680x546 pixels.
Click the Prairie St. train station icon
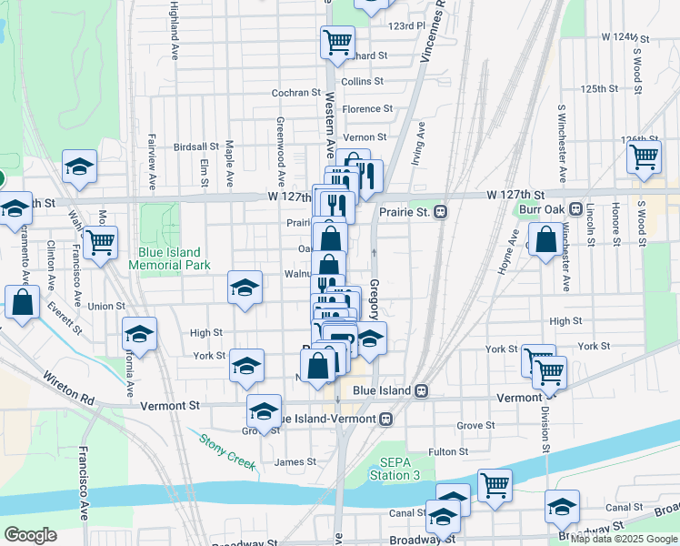[x=440, y=212]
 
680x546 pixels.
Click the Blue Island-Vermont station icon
[x=386, y=419]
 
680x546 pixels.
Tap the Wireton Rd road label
[x=68, y=381]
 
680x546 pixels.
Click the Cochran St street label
[x=297, y=93]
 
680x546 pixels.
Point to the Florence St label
[x=367, y=109]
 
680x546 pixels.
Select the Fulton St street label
[x=448, y=451]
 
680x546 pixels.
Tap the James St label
[x=295, y=461]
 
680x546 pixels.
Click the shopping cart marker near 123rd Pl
[x=337, y=41]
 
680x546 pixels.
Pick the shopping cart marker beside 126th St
[x=645, y=157]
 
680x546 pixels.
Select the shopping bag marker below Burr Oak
[x=546, y=241]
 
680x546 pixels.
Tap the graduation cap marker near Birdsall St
[x=79, y=167]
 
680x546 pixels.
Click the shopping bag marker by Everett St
[x=23, y=304]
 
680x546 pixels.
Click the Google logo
[x=30, y=535]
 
